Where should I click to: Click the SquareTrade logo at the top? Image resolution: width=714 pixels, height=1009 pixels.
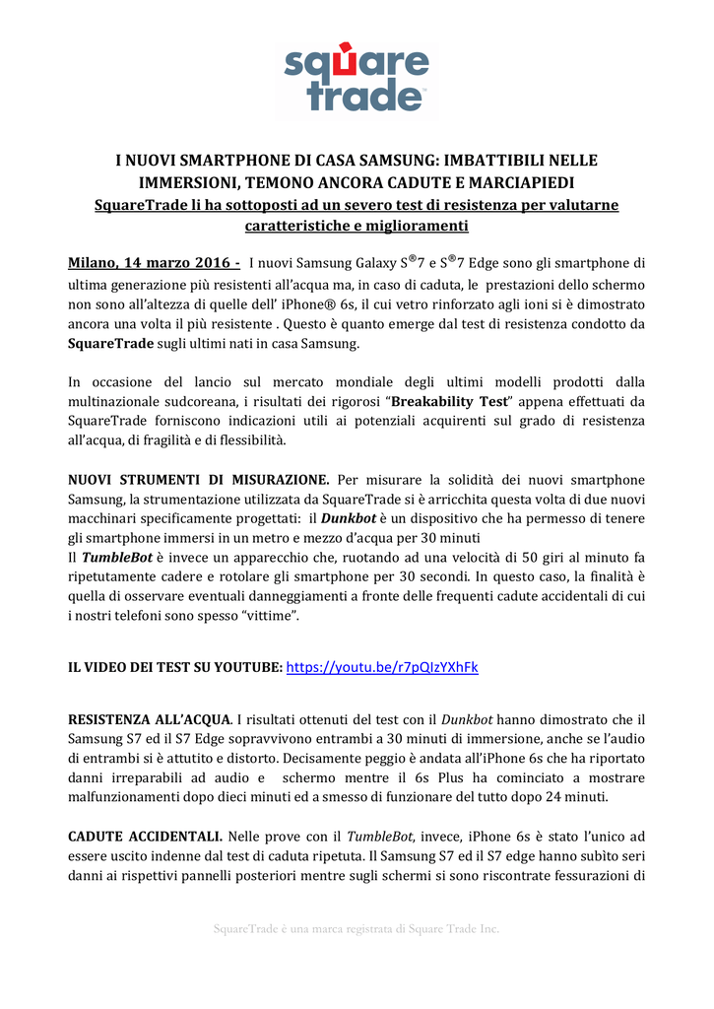tap(357, 77)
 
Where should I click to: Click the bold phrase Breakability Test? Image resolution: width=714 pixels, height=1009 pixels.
tap(450, 401)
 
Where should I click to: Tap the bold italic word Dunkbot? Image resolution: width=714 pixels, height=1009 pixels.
tap(351, 519)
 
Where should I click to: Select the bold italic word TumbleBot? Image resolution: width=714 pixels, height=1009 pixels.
tap(109, 558)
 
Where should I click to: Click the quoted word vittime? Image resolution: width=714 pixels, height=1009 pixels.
tap(266, 616)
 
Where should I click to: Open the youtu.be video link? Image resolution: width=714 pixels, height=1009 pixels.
tap(382, 667)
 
